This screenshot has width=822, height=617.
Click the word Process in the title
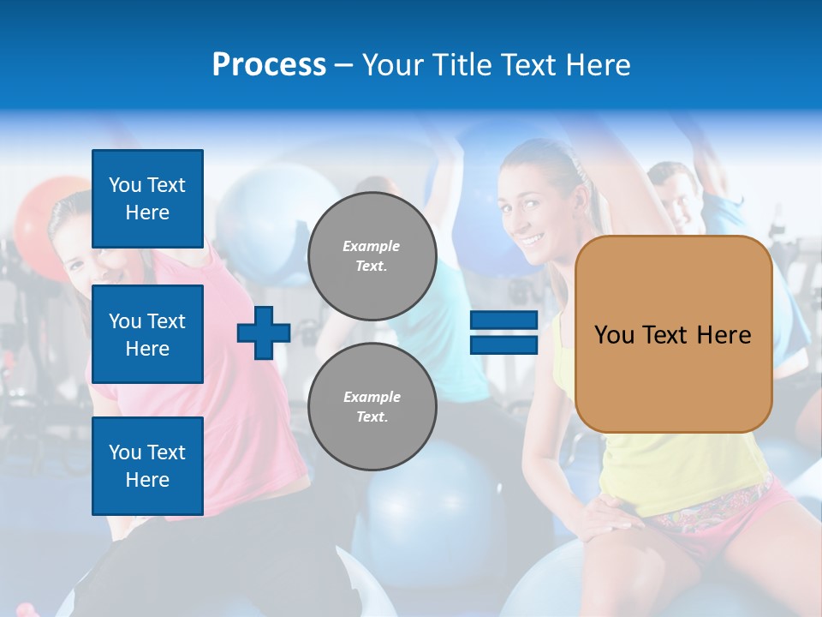pos(269,65)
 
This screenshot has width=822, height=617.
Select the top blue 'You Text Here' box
pos(147,199)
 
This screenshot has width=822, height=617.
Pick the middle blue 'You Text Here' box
pos(147,334)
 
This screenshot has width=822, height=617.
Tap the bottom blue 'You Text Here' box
pos(147,465)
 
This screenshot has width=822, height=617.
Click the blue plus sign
pos(264,332)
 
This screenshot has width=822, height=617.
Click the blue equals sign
pos(503,332)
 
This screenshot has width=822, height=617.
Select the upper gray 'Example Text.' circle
pos(372,256)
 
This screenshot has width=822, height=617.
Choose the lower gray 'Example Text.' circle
pos(372,407)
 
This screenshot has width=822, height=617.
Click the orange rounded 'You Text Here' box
pos(673,334)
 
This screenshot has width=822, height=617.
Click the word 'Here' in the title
pos(598,65)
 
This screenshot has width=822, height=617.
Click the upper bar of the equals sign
pos(503,320)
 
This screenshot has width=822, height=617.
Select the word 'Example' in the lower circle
pos(372,397)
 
